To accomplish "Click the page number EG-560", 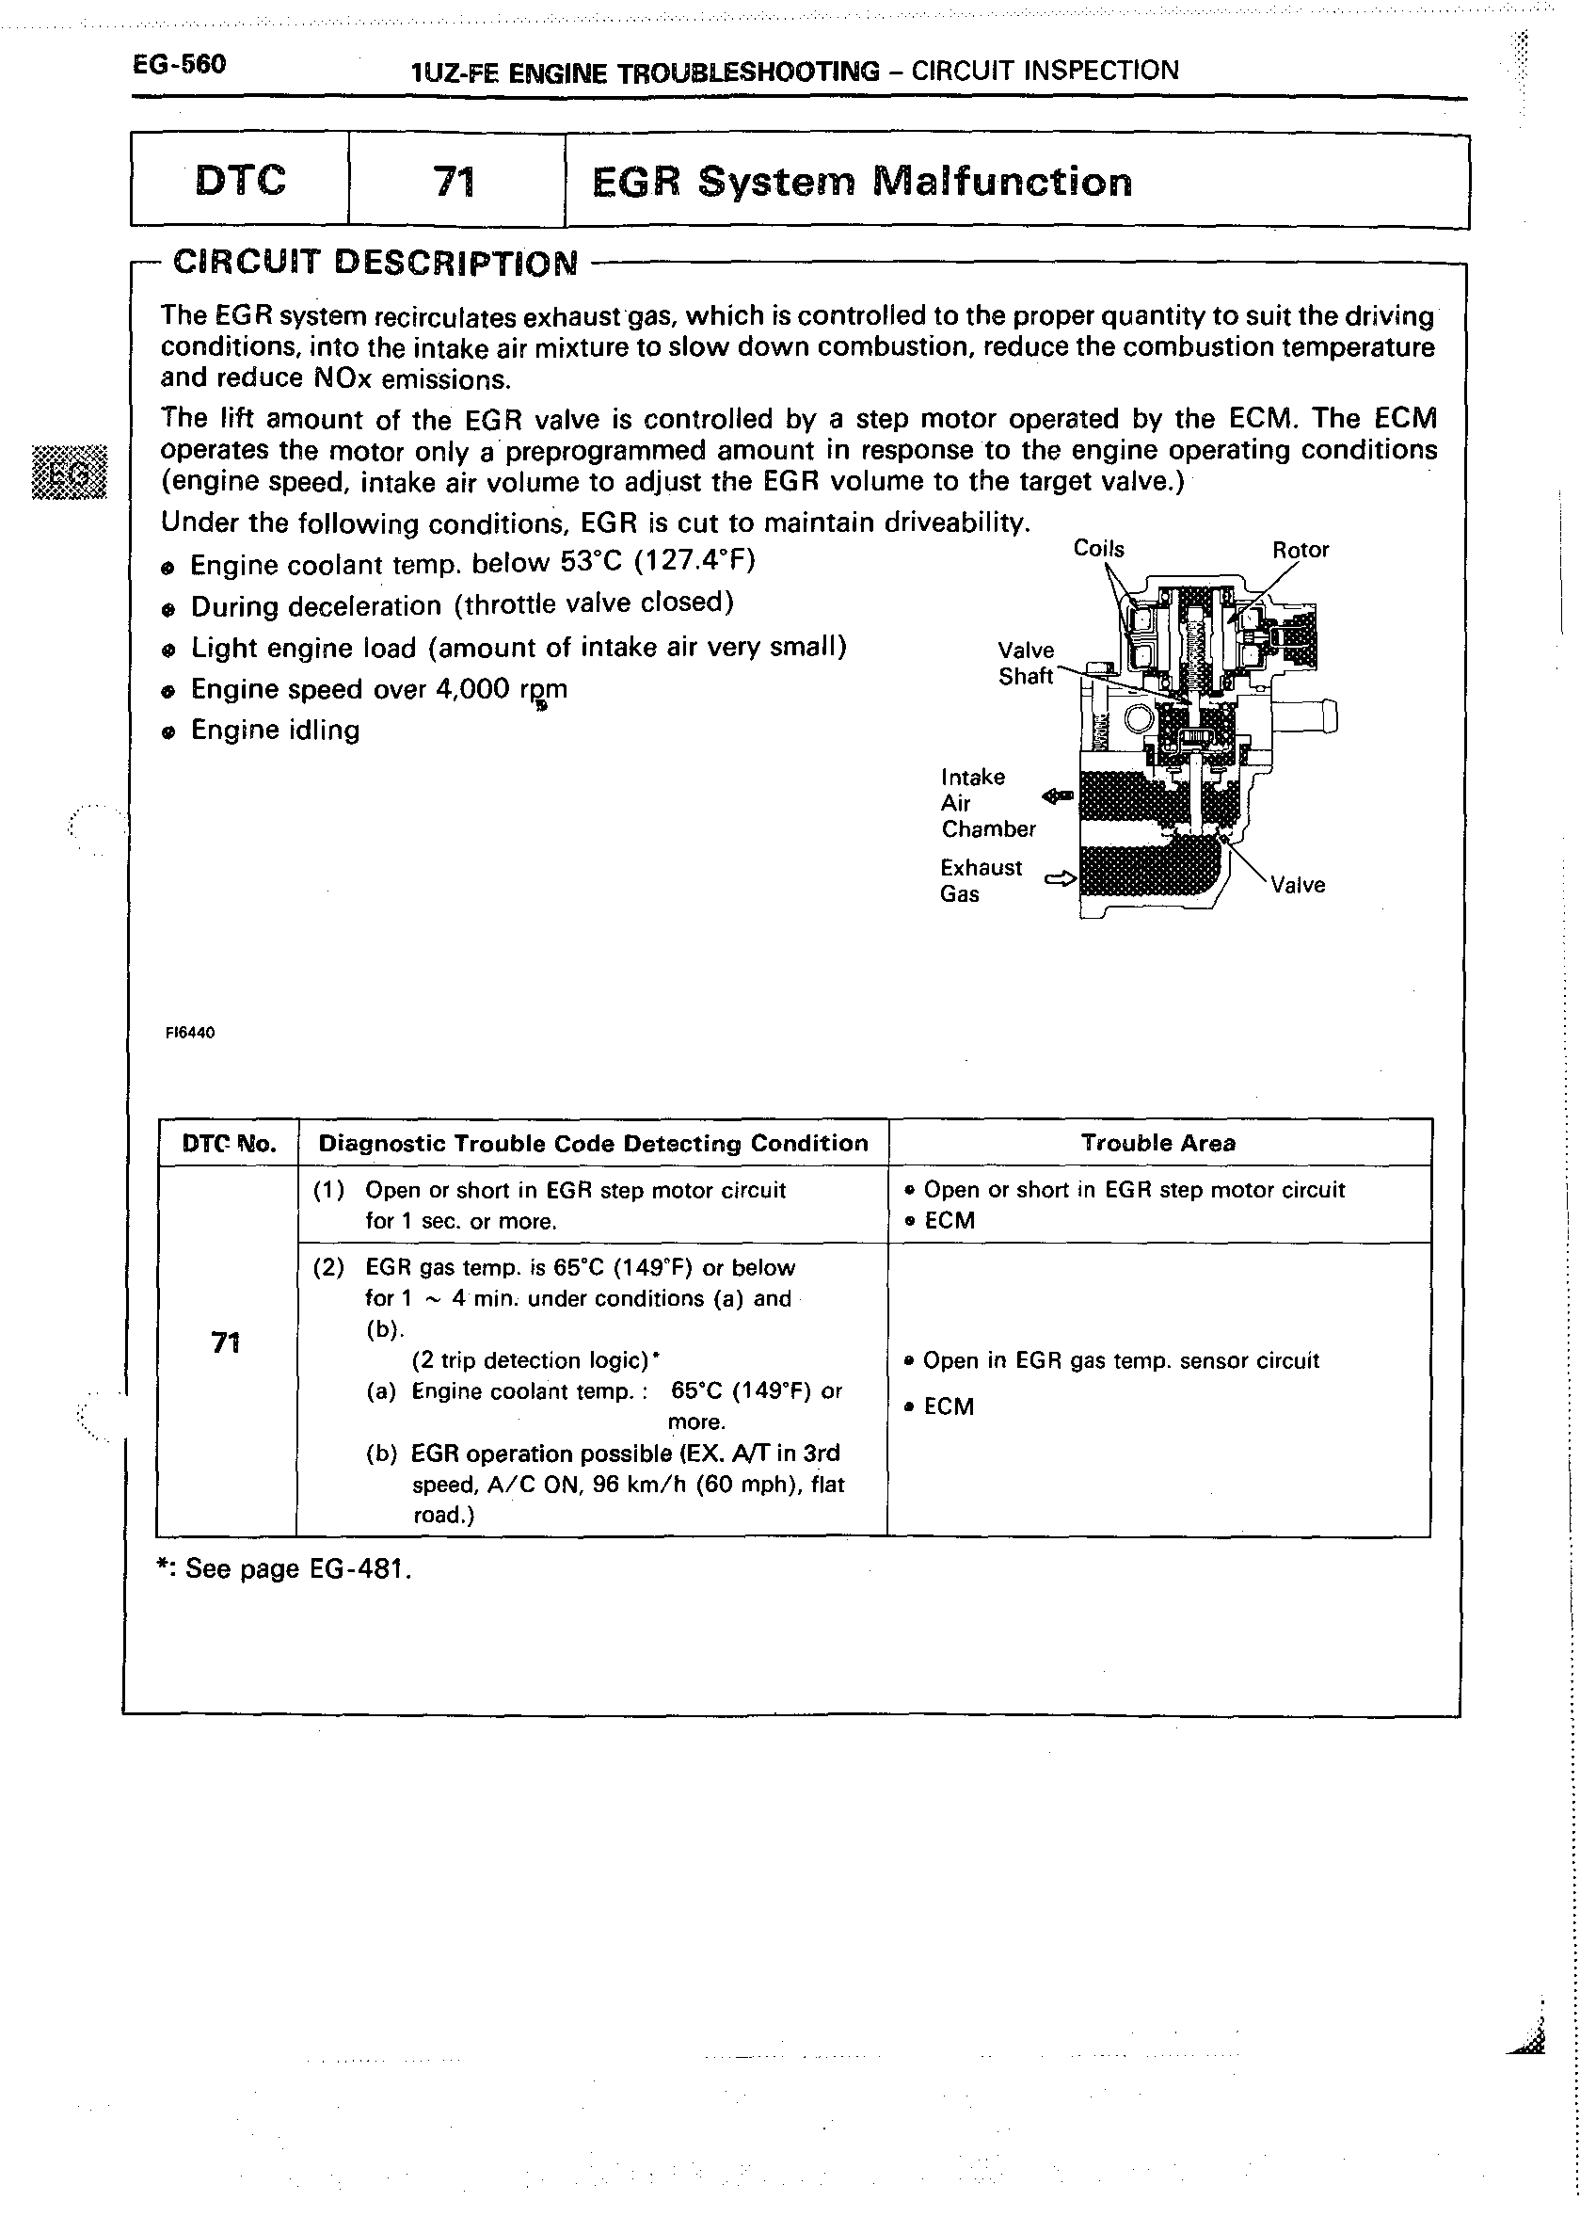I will coord(180,65).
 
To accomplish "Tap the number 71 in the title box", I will coord(455,182).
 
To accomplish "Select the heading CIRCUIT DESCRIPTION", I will coord(375,263).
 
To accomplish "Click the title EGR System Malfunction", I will coord(862,182).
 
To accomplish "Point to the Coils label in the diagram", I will coord(1098,549).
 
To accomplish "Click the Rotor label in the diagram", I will coord(1300,550).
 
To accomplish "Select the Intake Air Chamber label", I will coord(987,802).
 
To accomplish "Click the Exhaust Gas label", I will coord(981,881).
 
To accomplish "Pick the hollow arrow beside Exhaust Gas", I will coord(1060,877).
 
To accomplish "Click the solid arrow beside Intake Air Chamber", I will coord(1058,796).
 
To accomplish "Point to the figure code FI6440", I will coord(191,1033).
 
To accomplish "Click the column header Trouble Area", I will coord(1158,1143).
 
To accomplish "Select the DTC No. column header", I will coord(229,1144).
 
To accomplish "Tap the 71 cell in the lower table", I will coord(226,1343).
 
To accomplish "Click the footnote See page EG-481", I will coord(284,1569).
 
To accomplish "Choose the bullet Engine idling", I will coord(275,731).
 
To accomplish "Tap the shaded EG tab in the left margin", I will coord(70,471).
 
